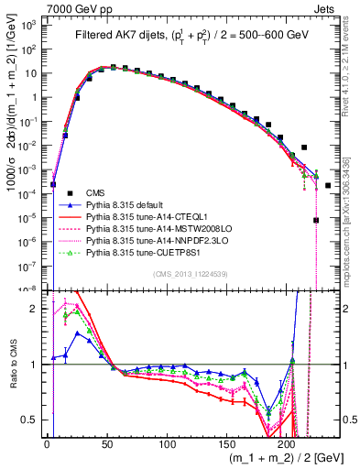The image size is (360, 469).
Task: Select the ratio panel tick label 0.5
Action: [30, 420]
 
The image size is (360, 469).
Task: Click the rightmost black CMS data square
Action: [327, 186]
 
